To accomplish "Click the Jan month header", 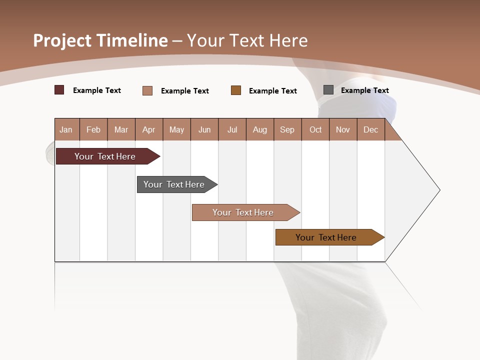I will click(66, 130).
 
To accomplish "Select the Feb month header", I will click(93, 130).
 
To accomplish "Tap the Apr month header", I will click(148, 130).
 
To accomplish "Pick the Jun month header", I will click(204, 130).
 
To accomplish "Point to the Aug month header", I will click(260, 130).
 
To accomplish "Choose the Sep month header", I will click(287, 130).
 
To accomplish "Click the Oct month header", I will click(315, 130).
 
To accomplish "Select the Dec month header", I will click(370, 130).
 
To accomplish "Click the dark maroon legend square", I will click(59, 90).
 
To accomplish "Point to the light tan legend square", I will click(147, 90).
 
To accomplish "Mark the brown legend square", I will click(236, 90).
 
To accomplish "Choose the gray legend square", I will click(328, 90).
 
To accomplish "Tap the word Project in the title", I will click(62, 40).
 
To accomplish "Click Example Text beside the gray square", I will click(364, 90).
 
